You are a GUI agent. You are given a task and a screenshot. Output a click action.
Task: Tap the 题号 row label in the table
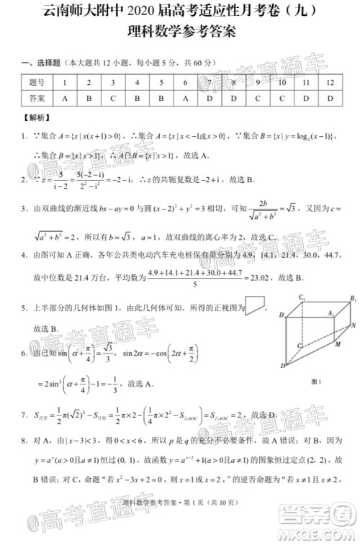(x=36, y=83)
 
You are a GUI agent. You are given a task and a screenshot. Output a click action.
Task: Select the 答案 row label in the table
(x=36, y=98)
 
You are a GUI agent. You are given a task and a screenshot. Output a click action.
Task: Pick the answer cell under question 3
(x=112, y=98)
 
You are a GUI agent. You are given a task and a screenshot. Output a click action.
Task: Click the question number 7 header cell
(x=209, y=83)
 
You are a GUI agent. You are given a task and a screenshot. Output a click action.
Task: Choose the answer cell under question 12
(x=330, y=98)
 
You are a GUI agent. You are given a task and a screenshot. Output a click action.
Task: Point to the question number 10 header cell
(x=282, y=83)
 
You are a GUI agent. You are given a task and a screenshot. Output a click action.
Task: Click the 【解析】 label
(x=35, y=116)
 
